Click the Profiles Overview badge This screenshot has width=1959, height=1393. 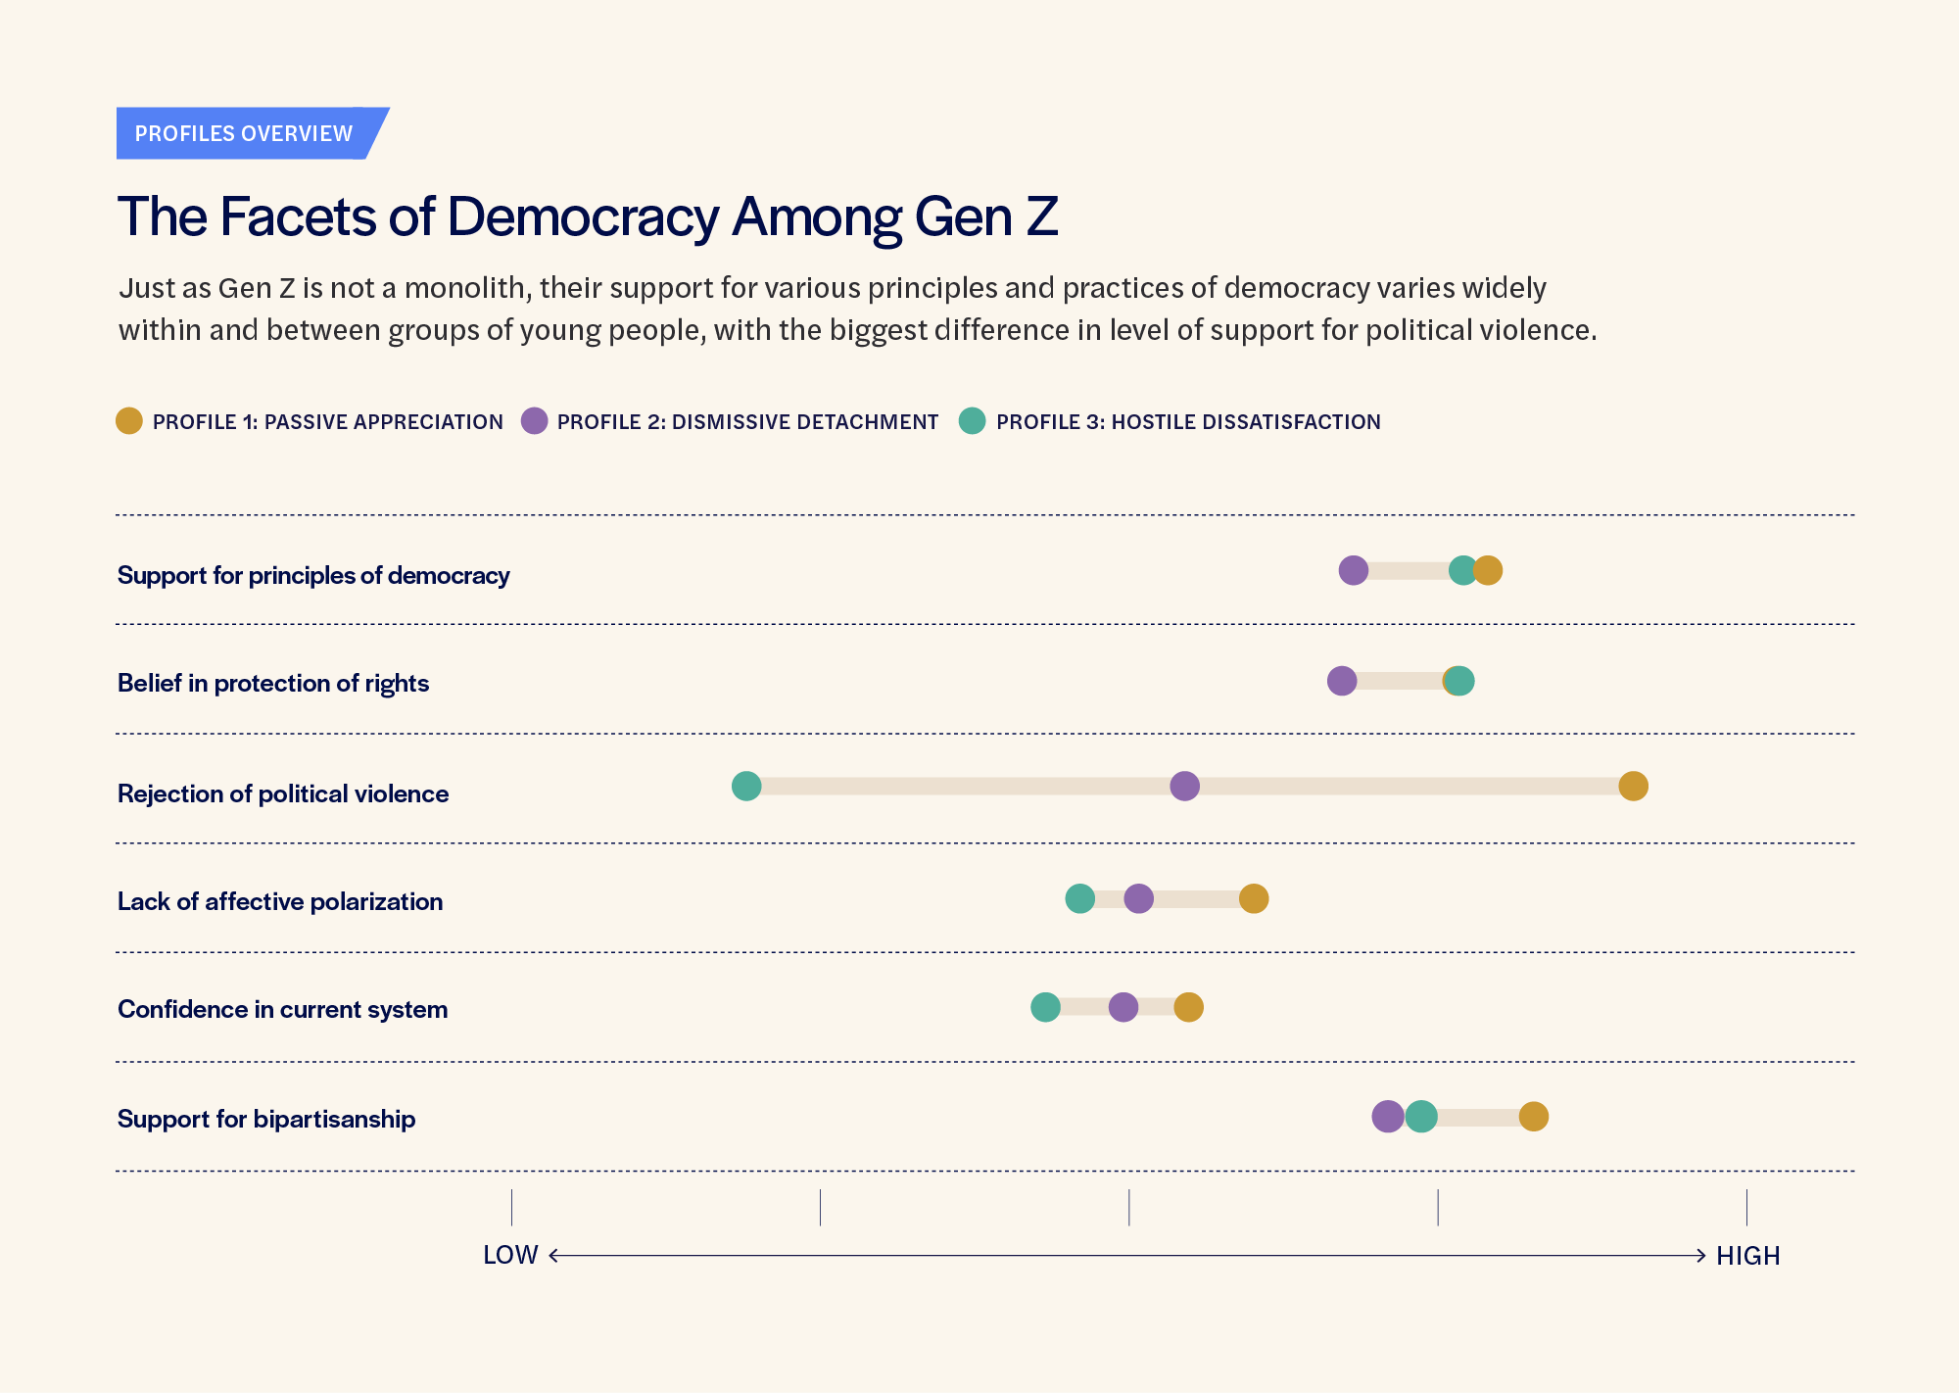pyautogui.click(x=244, y=133)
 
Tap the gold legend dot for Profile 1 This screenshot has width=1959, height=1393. pyautogui.click(x=129, y=421)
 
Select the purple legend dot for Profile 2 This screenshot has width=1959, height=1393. pyautogui.click(x=534, y=421)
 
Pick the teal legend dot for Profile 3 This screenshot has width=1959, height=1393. pyautogui.click(x=972, y=421)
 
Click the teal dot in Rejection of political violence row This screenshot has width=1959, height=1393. pyautogui.click(x=746, y=786)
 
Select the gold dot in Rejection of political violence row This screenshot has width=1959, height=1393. pyautogui.click(x=1633, y=786)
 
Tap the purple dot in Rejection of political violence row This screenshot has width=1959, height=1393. pyautogui.click(x=1184, y=786)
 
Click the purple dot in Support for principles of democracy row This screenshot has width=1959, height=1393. pyautogui.click(x=1353, y=570)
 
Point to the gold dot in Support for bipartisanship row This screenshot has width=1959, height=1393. pyautogui.click(x=1533, y=1116)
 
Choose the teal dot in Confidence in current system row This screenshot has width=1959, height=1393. pyautogui.click(x=1045, y=1006)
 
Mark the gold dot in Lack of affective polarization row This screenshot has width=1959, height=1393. pyautogui.click(x=1254, y=898)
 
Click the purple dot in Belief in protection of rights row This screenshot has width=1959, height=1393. pyautogui.click(x=1342, y=681)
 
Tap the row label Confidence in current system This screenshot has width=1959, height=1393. pyautogui.click(x=282, y=1009)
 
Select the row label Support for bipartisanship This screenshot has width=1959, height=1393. pyautogui.click(x=266, y=1119)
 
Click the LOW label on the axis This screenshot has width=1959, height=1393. pyautogui.click(x=510, y=1255)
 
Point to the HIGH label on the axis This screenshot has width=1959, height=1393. pyautogui.click(x=1747, y=1256)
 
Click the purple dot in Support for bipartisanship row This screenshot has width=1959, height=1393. pyautogui.click(x=1387, y=1116)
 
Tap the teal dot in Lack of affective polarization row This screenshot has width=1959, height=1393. pyautogui.click(x=1079, y=898)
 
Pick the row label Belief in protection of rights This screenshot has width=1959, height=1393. pyautogui.click(x=273, y=683)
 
